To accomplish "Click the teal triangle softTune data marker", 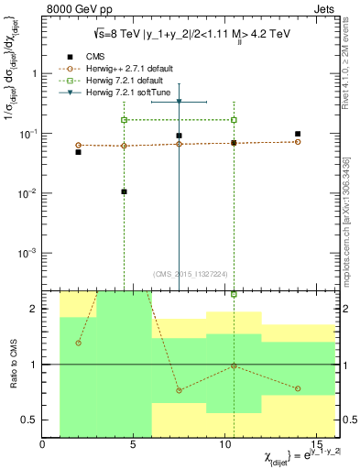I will tap(179, 102).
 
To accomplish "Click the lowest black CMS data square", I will tap(124, 192).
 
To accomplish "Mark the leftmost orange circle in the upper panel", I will tap(78, 145).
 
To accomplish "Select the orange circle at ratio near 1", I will tap(234, 366).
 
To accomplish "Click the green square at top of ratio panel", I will tap(234, 294).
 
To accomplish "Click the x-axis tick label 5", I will tap(135, 446).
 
